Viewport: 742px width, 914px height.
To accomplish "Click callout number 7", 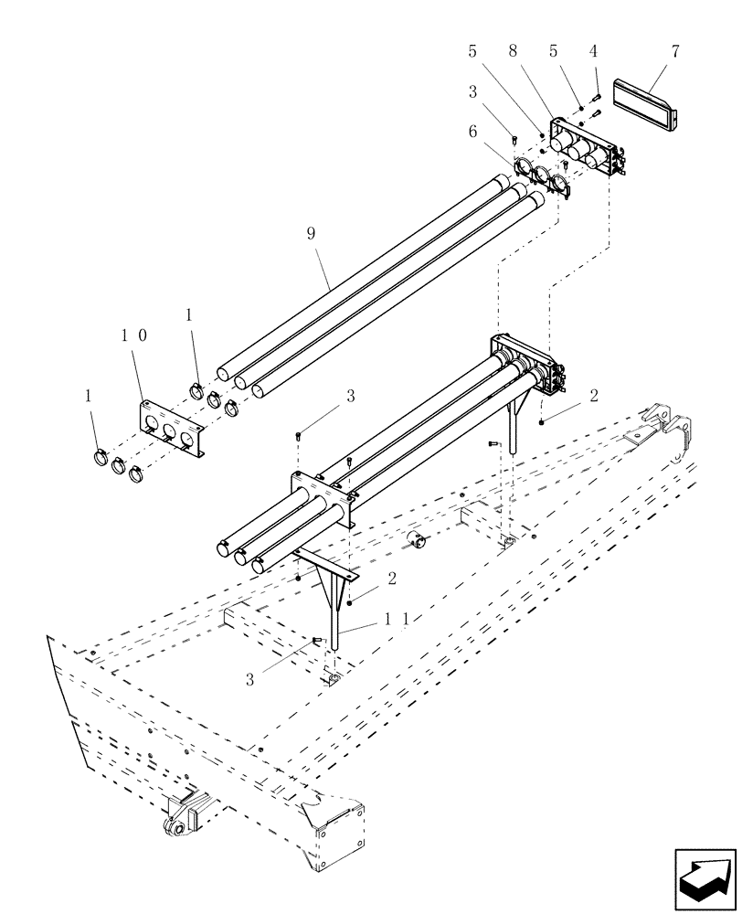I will [675, 52].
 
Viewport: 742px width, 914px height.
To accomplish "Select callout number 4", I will [593, 52].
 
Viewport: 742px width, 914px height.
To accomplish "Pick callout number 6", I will [472, 132].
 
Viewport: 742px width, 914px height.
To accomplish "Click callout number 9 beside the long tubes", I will [311, 234].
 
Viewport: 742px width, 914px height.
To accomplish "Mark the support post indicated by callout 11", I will [336, 622].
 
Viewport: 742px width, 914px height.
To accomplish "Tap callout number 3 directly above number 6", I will [472, 92].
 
